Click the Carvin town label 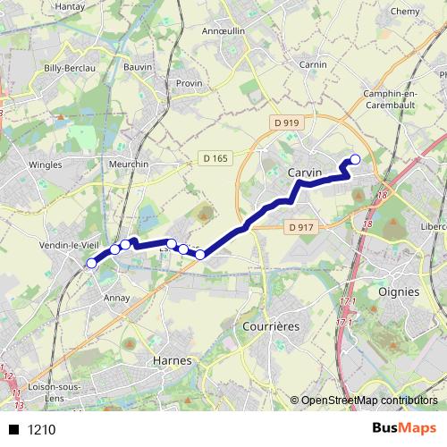(x=305, y=173)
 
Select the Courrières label (x=271, y=327)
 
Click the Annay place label (x=117, y=298)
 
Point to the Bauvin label (x=137, y=67)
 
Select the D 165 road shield (x=215, y=158)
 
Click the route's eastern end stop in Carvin (x=355, y=160)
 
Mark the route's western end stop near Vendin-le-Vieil (x=91, y=263)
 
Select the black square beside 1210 (x=13, y=429)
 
